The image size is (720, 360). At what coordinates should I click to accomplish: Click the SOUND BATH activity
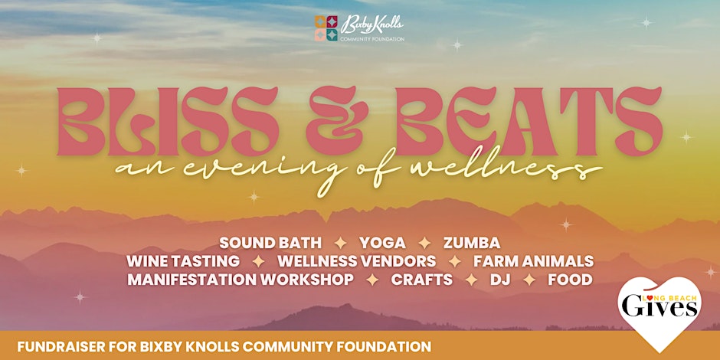(270, 243)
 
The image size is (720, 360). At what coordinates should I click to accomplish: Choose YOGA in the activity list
(382, 243)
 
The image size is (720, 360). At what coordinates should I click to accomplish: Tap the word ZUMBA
(472, 243)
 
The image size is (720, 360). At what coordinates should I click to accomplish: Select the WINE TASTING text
(183, 261)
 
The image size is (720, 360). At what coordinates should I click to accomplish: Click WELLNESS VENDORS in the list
(356, 261)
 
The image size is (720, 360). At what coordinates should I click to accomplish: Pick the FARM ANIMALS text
(534, 261)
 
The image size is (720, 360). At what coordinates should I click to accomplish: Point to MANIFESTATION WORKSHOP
(241, 279)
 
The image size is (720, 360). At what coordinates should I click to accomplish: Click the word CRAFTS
(421, 279)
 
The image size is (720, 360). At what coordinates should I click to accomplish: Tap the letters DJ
(500, 279)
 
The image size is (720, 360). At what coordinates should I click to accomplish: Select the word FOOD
(570, 279)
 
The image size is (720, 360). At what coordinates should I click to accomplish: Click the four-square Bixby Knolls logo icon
(326, 28)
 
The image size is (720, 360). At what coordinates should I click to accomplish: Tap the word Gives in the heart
(659, 308)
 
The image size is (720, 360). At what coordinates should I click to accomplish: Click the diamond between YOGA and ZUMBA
(425, 243)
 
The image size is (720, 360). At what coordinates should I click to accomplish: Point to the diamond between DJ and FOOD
(529, 280)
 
